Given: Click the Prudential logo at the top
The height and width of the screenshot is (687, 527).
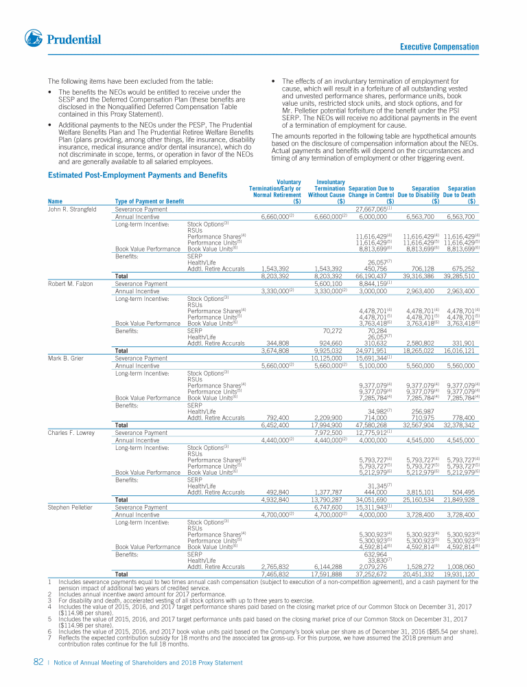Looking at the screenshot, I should point(62,39).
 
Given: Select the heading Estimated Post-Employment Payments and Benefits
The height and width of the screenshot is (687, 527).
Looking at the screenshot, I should point(137,175).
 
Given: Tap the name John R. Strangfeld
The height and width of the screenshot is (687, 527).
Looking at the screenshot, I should point(72,209).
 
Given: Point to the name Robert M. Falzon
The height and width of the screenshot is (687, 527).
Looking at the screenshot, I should point(70,282).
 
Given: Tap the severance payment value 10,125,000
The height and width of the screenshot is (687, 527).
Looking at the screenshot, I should point(327,357).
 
